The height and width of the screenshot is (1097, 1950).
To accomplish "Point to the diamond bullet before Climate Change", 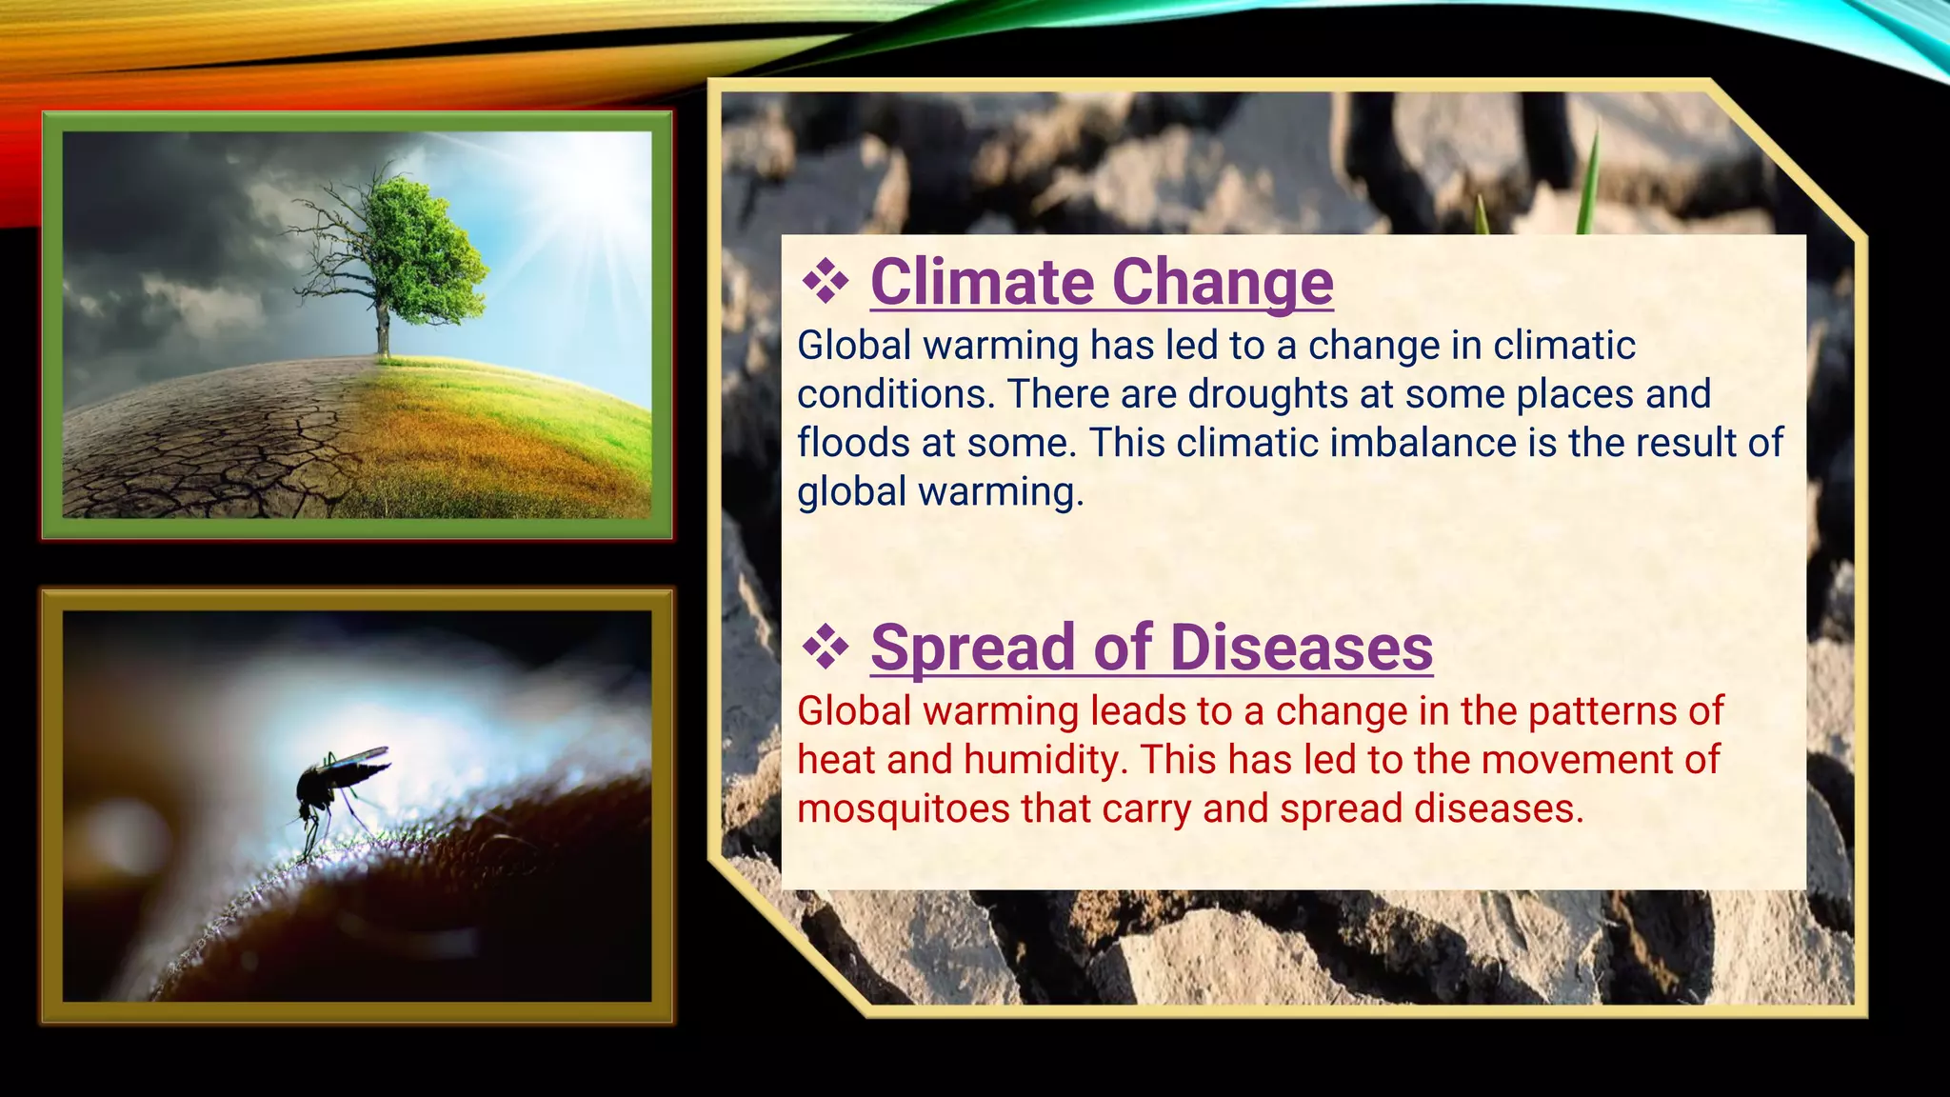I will tap(825, 282).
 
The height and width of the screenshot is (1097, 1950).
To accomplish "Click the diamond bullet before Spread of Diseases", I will tap(825, 648).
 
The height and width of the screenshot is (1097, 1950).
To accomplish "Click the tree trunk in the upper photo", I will tap(383, 329).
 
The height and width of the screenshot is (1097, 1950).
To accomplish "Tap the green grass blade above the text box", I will tap(1587, 181).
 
